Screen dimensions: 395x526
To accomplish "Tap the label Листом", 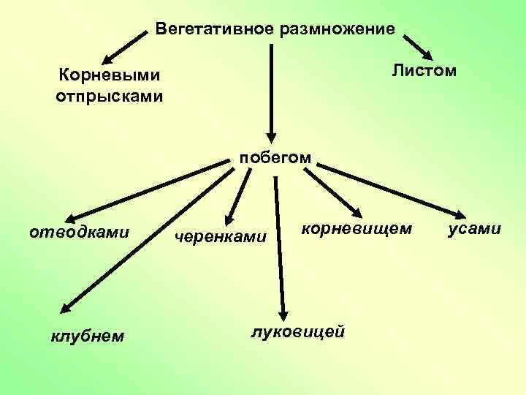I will (423, 70).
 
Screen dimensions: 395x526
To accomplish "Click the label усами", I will (475, 229).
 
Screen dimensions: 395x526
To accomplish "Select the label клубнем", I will (87, 336).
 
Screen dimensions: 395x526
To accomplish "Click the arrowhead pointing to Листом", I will (427, 54).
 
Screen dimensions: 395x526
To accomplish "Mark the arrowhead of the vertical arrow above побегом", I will (271, 135).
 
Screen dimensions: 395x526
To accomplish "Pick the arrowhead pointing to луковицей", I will (283, 311).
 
